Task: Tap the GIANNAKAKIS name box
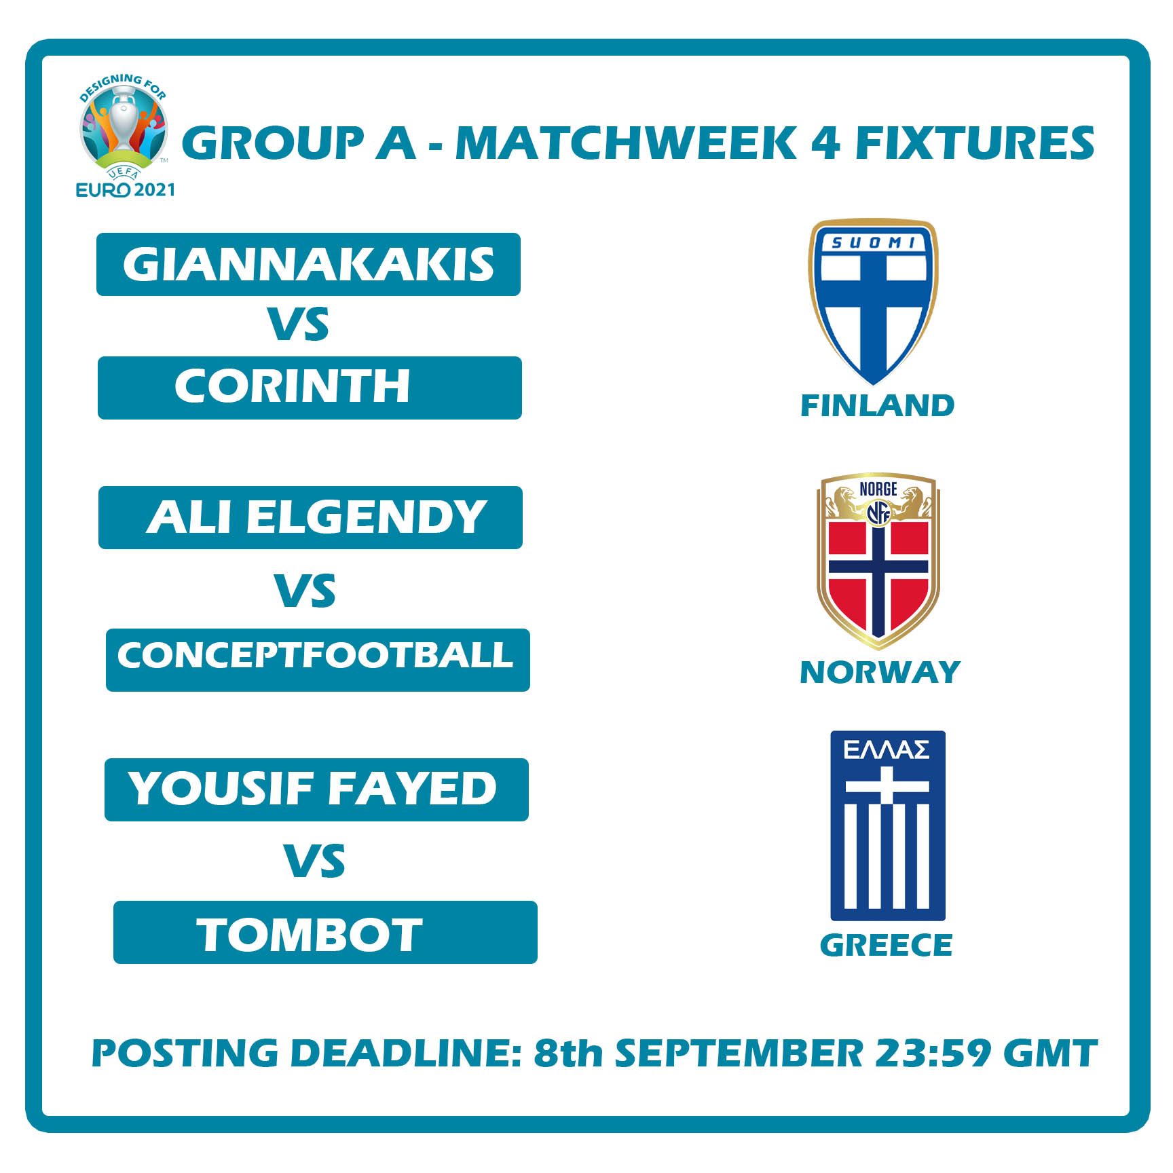tap(308, 264)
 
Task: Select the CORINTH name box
tap(310, 388)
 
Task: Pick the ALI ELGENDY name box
tap(310, 517)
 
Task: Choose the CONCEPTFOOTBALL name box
tap(318, 660)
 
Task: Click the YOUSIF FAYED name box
tap(316, 789)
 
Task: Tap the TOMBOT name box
tap(325, 932)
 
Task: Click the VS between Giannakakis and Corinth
tap(298, 324)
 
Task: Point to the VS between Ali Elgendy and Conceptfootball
tap(305, 591)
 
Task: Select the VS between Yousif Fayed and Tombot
tap(314, 861)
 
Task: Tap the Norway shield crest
tap(878, 560)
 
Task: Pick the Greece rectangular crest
tap(887, 825)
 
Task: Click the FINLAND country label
tap(877, 406)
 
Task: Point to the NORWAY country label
tap(880, 672)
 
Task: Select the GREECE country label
tap(886, 945)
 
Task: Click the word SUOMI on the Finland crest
tap(874, 242)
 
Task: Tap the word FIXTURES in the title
tap(974, 143)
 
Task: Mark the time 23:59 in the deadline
tap(933, 1053)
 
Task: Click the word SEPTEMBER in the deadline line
tap(739, 1053)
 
